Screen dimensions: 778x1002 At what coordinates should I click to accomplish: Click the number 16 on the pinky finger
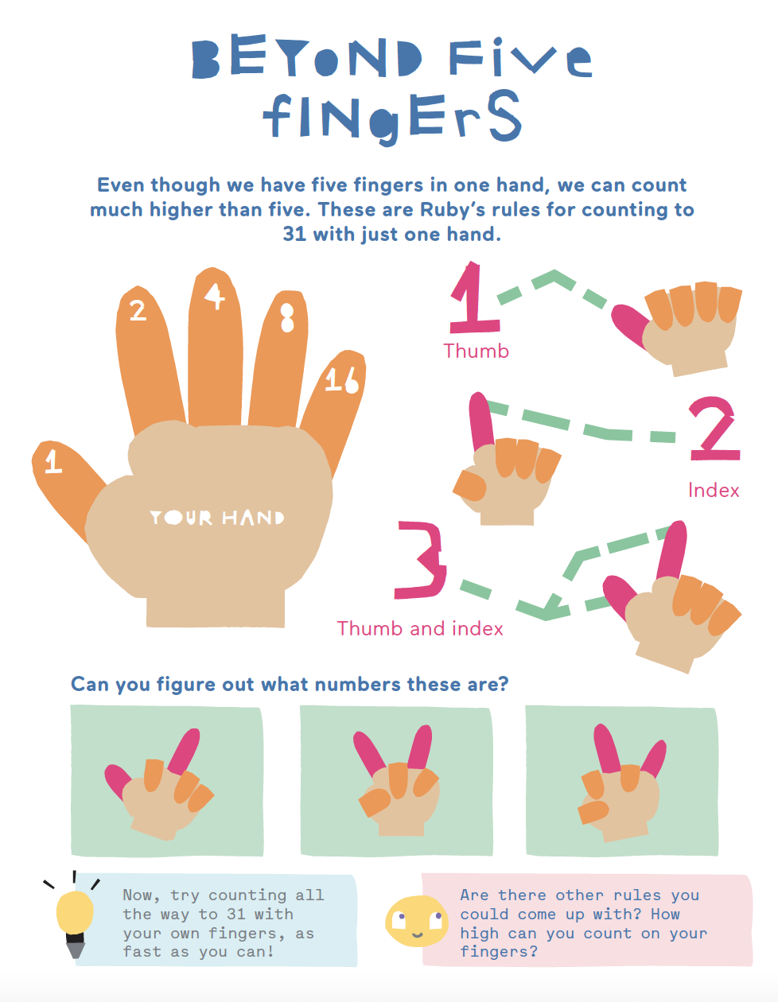click(341, 380)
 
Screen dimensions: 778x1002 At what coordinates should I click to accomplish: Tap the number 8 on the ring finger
click(287, 317)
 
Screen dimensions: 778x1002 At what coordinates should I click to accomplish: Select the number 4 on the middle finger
click(215, 296)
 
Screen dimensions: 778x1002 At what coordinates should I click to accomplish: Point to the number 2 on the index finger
click(138, 310)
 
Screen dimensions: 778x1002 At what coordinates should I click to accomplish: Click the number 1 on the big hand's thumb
click(53, 461)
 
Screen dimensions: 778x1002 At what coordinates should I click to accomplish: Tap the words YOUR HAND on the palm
click(216, 518)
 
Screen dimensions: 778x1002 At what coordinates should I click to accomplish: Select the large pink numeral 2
click(714, 428)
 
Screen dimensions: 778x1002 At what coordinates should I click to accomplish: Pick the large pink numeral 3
click(421, 560)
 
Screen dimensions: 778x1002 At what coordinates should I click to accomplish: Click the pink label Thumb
click(477, 351)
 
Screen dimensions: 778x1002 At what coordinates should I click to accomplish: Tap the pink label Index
click(714, 490)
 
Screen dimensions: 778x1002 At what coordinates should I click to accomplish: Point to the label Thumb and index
click(420, 628)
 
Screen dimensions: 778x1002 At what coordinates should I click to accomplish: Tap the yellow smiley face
click(416, 922)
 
